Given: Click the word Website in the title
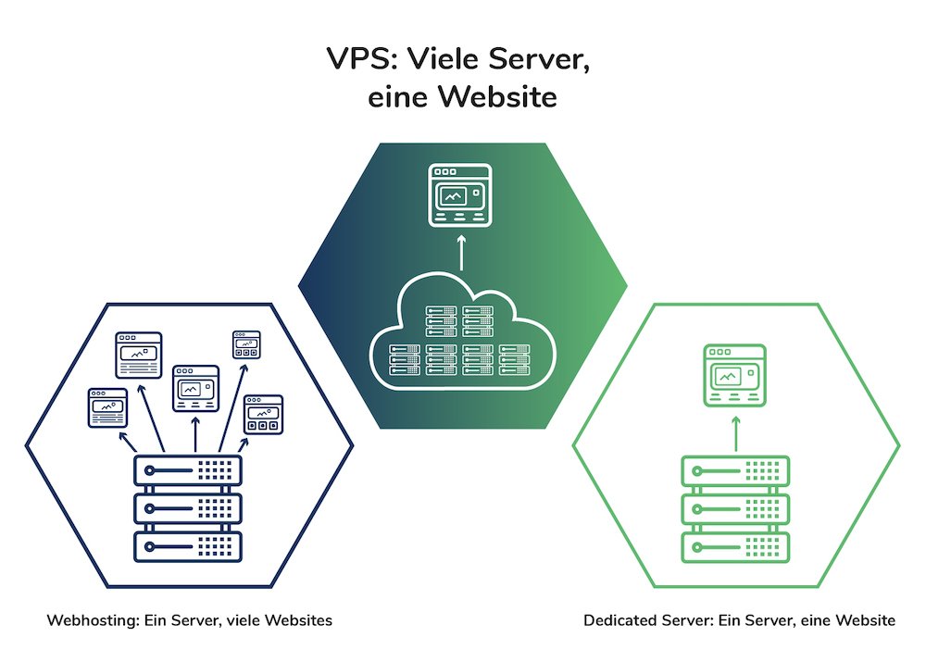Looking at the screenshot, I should click(497, 96).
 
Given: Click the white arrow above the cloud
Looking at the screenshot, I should click(460, 255).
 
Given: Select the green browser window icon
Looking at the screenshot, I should click(735, 375).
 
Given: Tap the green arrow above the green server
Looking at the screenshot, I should click(735, 431).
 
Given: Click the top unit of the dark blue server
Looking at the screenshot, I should click(188, 470).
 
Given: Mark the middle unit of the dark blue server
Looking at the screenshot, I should click(188, 507).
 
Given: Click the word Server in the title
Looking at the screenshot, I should click(537, 58).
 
